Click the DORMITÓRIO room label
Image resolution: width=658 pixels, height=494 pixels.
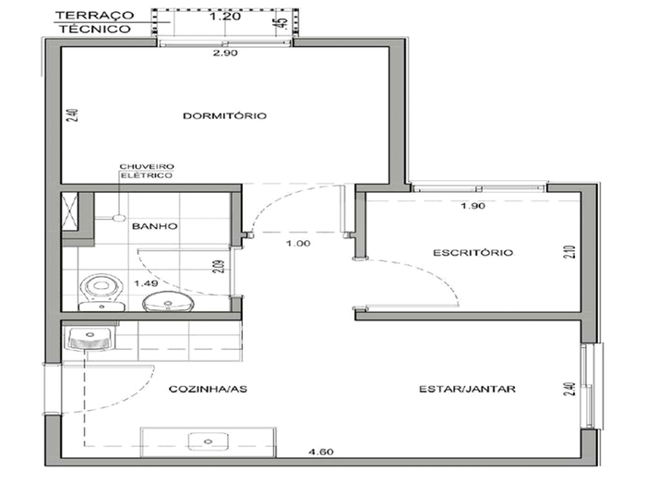point(224,115)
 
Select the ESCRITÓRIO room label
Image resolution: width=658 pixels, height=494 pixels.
point(473,253)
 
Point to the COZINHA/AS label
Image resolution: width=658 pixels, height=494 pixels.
point(208,389)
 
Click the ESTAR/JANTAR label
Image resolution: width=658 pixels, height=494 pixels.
point(468,389)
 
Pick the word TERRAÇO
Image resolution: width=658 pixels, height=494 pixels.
point(95,15)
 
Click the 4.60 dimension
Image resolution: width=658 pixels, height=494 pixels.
point(321,452)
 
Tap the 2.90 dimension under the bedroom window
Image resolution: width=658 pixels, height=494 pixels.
point(225,53)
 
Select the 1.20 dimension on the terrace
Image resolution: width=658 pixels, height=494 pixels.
point(225,17)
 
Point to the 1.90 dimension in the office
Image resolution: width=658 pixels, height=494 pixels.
point(473,206)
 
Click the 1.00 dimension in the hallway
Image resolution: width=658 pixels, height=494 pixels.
point(298,243)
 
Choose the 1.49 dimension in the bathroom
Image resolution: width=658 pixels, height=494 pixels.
point(146,283)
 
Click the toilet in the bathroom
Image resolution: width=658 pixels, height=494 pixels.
point(102,292)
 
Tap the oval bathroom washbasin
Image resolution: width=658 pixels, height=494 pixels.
point(168,302)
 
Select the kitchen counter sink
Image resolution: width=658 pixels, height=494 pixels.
point(209,441)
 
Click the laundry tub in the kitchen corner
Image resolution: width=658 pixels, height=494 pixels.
point(90,337)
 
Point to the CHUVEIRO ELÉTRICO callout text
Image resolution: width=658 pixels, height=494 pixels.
point(147,171)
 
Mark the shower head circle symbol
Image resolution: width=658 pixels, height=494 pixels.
point(121,218)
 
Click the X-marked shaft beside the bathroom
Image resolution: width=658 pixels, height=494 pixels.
point(69,211)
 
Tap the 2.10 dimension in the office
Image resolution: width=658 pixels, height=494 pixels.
point(570,252)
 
